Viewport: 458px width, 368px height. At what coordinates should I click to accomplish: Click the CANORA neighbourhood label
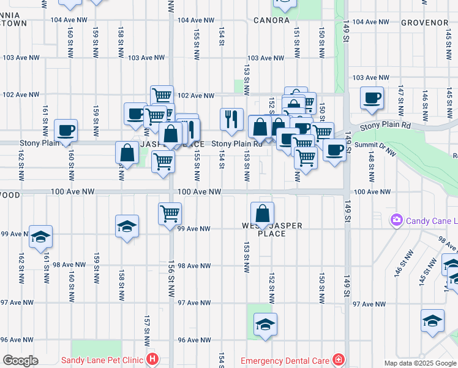coord(271,20)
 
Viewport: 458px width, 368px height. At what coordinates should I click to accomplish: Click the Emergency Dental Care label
coord(285,360)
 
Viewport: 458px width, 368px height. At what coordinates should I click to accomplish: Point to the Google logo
coord(20,361)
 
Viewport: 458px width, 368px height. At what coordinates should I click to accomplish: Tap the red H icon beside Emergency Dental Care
coord(337,360)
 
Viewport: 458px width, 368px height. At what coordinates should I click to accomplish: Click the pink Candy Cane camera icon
coord(397,220)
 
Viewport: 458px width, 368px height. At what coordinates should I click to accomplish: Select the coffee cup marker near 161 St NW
coord(66,130)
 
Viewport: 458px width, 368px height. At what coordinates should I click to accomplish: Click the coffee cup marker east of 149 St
coord(372,98)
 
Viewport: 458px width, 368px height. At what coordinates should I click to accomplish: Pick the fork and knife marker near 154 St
coord(231,118)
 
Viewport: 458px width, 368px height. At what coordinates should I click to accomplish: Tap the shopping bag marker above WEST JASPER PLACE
coord(262,214)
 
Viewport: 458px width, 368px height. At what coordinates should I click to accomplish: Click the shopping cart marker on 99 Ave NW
coord(170,214)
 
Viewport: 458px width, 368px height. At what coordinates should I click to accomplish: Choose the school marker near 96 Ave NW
coord(265,324)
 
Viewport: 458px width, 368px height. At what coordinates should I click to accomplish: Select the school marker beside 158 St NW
coord(127,226)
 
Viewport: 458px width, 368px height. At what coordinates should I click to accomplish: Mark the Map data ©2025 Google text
coord(420,363)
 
